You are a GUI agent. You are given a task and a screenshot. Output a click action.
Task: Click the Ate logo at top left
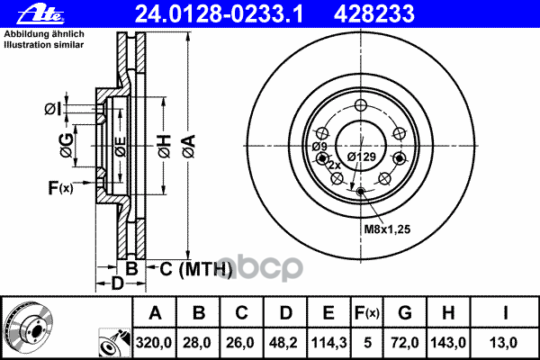click(x=26, y=13)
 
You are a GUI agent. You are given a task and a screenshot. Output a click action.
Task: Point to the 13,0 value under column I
click(x=506, y=343)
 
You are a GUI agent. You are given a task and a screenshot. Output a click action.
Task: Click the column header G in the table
click(x=405, y=313)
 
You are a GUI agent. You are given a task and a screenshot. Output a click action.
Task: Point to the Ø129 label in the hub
click(x=362, y=157)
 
